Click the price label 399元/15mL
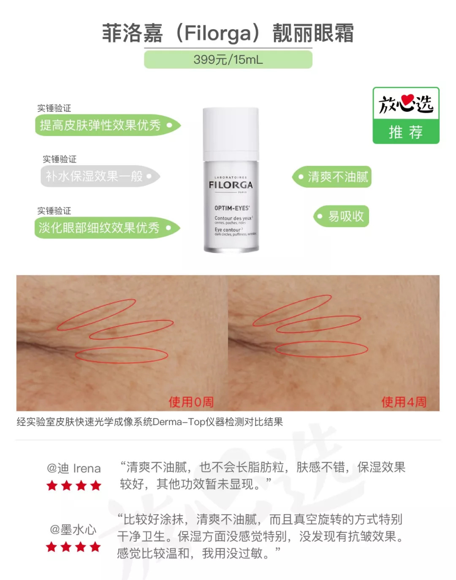tap(228, 60)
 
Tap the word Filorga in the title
tap(217, 33)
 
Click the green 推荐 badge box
tap(406, 132)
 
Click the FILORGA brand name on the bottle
tap(231, 185)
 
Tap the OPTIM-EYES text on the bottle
tap(232, 208)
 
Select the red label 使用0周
tap(191, 402)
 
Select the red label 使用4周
tap(404, 402)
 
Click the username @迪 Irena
tap(74, 468)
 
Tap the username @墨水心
tap(73, 529)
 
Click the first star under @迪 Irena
tap(52, 485)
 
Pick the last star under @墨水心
tap(95, 547)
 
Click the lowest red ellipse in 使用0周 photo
tap(122, 355)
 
